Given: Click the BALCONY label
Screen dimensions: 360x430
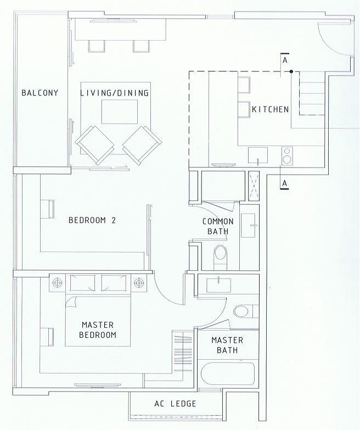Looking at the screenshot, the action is click(40, 93).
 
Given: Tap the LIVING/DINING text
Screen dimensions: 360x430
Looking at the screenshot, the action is click(115, 93).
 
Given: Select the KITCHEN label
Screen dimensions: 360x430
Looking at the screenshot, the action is click(271, 109).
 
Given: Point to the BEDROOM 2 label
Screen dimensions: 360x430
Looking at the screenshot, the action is click(92, 220).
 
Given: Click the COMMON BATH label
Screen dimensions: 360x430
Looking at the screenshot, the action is click(218, 226).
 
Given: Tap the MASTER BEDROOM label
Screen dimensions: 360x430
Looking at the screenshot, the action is click(98, 330).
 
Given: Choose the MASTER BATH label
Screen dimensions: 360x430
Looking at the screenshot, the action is click(227, 345).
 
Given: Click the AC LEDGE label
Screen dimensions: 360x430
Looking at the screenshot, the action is click(176, 404).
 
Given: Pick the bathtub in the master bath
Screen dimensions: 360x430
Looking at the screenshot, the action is click(228, 374).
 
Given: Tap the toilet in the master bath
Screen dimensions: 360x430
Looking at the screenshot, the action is click(244, 311).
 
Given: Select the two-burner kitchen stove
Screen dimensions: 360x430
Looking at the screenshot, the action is click(287, 156).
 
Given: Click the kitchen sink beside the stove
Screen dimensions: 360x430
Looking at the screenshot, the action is click(258, 155).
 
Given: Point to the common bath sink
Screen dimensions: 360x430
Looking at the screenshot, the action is click(249, 225).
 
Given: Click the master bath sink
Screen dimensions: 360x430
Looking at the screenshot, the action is click(218, 285).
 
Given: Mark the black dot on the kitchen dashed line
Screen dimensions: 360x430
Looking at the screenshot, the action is click(291, 71).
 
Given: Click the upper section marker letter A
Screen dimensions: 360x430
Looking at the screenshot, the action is click(285, 60).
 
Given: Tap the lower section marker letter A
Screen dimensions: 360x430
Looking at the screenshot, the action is click(285, 183).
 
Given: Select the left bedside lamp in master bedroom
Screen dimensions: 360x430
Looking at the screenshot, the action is click(57, 282).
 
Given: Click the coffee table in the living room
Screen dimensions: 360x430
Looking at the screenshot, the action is click(120, 112).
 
